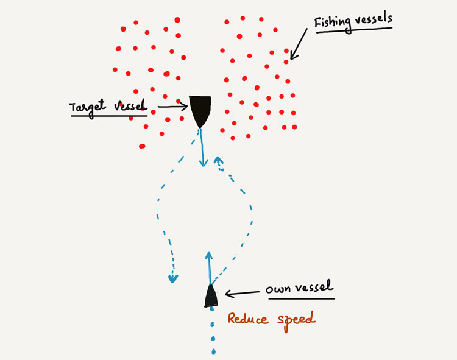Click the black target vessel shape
[x=200, y=109]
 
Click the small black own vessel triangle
[x=211, y=297]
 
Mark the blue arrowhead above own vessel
[x=208, y=254]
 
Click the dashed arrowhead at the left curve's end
[x=174, y=279]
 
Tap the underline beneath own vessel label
[x=302, y=298]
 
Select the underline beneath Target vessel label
[x=108, y=115]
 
